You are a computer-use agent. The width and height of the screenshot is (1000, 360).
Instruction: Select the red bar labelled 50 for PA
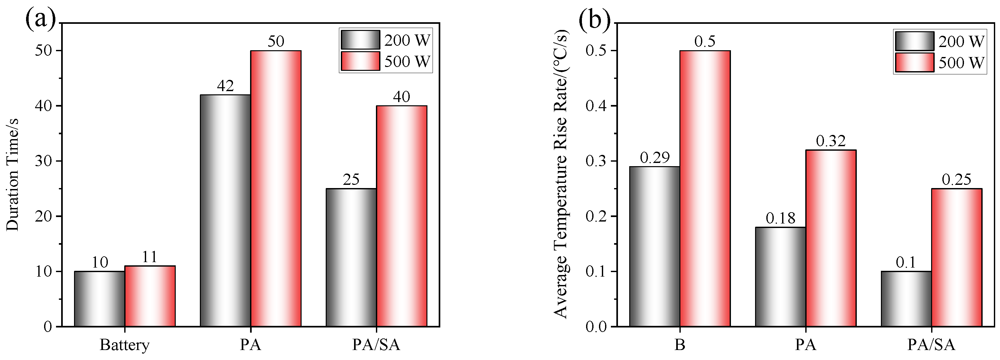276,188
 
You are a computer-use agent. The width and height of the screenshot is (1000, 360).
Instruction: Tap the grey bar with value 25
351,257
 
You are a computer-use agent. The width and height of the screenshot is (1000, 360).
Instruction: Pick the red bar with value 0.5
705,188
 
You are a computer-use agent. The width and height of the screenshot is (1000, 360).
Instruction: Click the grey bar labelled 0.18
780,277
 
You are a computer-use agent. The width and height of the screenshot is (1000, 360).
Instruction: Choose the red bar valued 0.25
956,257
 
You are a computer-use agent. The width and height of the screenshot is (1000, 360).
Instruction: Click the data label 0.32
830,141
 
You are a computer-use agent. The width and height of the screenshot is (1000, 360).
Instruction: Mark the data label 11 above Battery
149,257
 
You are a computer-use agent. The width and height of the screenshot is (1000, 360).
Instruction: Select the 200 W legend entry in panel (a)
386,40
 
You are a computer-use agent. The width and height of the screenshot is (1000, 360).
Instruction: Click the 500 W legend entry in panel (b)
940,63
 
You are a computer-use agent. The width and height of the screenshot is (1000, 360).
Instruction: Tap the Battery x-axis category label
124,345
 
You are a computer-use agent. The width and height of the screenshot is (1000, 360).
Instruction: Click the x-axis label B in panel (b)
679,345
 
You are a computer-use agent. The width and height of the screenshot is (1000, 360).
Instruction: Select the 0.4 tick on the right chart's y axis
597,106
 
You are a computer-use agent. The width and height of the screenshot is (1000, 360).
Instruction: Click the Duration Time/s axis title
13,175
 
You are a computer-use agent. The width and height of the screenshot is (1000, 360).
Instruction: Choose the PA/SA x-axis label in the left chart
376,345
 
